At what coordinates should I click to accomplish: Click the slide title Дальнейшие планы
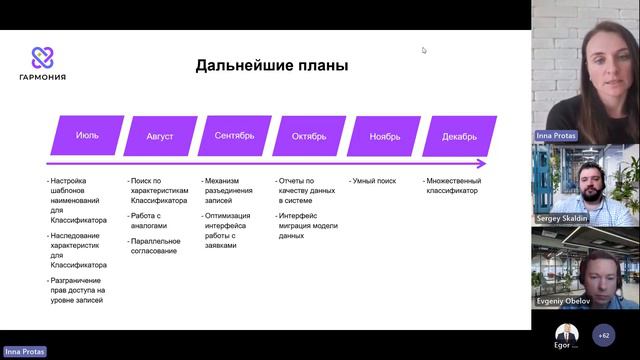coord(271,67)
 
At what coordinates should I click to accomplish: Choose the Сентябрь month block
coord(237,135)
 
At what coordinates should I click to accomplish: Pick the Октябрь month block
coord(311,135)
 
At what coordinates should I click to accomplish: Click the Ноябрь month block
coord(385,135)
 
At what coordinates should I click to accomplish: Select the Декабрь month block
coord(460,135)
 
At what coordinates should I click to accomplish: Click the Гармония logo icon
coord(41,57)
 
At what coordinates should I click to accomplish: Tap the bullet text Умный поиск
coord(374,181)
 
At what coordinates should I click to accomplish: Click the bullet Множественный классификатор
coord(454,186)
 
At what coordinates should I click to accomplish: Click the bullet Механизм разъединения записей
coord(231,190)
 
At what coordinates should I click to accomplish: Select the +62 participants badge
coord(603,335)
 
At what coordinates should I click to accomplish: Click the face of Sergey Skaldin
coord(588,181)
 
